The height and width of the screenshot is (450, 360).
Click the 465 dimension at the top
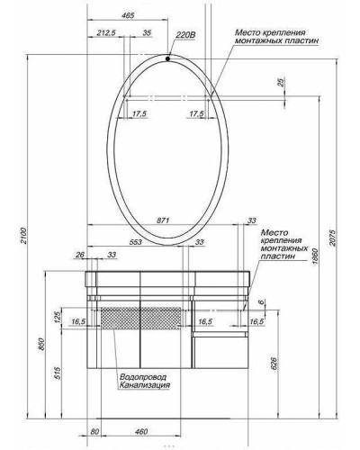coord(128,16)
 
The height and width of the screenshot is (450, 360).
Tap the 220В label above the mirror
coord(186,35)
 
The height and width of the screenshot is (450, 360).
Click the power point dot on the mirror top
coord(168,59)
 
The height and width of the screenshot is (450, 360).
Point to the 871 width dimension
coord(163,219)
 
